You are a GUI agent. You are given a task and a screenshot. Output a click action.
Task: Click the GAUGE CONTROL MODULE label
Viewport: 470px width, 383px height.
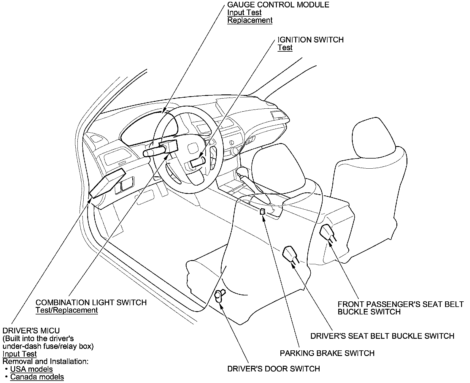pos(278,5)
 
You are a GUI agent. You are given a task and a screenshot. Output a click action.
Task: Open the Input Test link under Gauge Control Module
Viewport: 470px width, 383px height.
pos(244,12)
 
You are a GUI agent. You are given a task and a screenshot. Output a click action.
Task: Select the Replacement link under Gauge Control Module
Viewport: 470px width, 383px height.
pos(250,20)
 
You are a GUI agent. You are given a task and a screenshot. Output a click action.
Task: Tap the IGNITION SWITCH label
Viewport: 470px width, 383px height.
pos(310,40)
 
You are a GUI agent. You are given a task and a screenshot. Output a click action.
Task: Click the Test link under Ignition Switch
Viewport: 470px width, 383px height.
pos(285,48)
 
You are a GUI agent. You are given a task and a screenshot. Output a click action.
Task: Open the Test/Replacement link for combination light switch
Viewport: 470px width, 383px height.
pos(66,310)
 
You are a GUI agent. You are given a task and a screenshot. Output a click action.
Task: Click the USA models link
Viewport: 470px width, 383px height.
pos(31,369)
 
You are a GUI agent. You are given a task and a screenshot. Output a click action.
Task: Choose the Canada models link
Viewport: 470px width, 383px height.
pos(37,377)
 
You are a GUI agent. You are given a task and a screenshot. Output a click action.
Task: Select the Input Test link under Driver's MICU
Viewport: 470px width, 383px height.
pos(20,354)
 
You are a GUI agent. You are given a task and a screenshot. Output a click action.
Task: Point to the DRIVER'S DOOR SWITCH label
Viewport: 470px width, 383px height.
pos(273,369)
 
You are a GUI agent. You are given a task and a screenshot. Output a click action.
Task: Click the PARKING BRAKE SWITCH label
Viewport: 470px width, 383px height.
pos(327,353)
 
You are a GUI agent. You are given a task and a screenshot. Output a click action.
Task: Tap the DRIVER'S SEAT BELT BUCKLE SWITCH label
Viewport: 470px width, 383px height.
pos(382,336)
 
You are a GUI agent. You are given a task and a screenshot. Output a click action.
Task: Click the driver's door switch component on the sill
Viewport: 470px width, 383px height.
pos(219,295)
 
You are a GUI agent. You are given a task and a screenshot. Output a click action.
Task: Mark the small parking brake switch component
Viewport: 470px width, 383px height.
pos(262,212)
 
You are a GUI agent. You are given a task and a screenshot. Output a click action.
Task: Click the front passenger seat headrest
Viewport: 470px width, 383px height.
pos(373,138)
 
